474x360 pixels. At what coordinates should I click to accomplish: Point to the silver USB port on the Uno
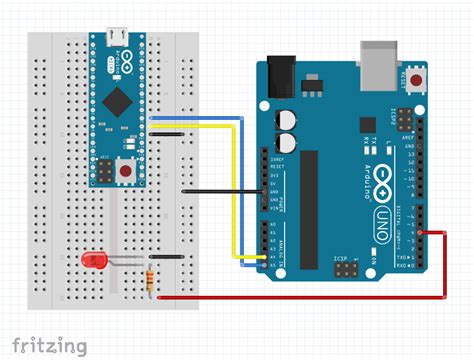coord(378,57)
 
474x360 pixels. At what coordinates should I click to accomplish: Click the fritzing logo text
coord(49,345)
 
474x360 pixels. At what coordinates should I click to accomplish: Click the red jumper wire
coord(300,297)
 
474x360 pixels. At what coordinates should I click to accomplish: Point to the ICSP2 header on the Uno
coord(404,122)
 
